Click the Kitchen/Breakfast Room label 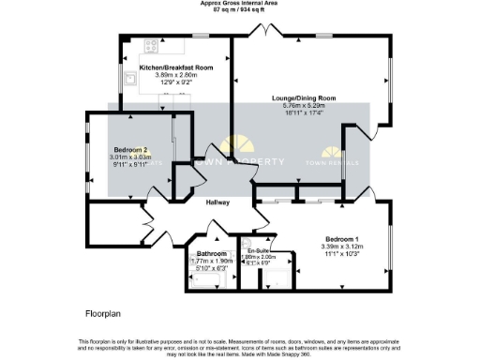pos(177,68)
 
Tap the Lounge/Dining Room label pos(303,98)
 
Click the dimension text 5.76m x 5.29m pos(303,106)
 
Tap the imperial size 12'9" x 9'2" pos(177,83)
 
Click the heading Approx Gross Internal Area pos(240,3)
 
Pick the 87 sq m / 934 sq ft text pos(240,9)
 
